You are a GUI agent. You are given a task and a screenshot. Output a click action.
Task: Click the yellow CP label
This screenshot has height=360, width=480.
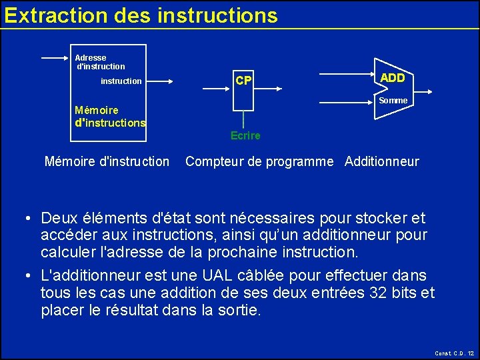[x=244, y=81]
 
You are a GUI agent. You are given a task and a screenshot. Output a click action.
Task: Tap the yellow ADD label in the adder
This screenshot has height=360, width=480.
[x=392, y=78]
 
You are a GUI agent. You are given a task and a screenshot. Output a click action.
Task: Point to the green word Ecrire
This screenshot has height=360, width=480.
[x=245, y=136]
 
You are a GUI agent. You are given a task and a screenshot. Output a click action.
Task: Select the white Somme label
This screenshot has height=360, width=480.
[x=393, y=101]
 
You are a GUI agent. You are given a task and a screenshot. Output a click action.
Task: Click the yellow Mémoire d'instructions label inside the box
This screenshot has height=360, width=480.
[x=110, y=117]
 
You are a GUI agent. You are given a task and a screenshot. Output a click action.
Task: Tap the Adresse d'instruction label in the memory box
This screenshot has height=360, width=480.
[x=99, y=62]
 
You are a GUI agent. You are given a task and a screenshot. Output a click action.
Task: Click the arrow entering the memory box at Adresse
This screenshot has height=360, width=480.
[x=56, y=58]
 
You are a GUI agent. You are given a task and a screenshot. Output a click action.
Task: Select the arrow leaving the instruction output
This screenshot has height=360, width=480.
[x=160, y=82]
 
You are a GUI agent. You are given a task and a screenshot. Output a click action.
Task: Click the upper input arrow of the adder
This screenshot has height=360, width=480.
[x=347, y=72]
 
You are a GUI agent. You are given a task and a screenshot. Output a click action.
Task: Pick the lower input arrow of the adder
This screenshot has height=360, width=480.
[x=347, y=103]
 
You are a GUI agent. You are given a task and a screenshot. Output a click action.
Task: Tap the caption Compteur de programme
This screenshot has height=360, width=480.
[x=259, y=161]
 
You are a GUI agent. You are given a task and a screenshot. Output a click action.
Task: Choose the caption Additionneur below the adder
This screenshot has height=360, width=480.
[x=382, y=161]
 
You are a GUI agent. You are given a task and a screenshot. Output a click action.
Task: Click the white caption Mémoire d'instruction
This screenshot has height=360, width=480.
[x=107, y=161]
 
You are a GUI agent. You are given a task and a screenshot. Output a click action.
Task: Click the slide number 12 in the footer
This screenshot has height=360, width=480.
[x=471, y=353]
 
